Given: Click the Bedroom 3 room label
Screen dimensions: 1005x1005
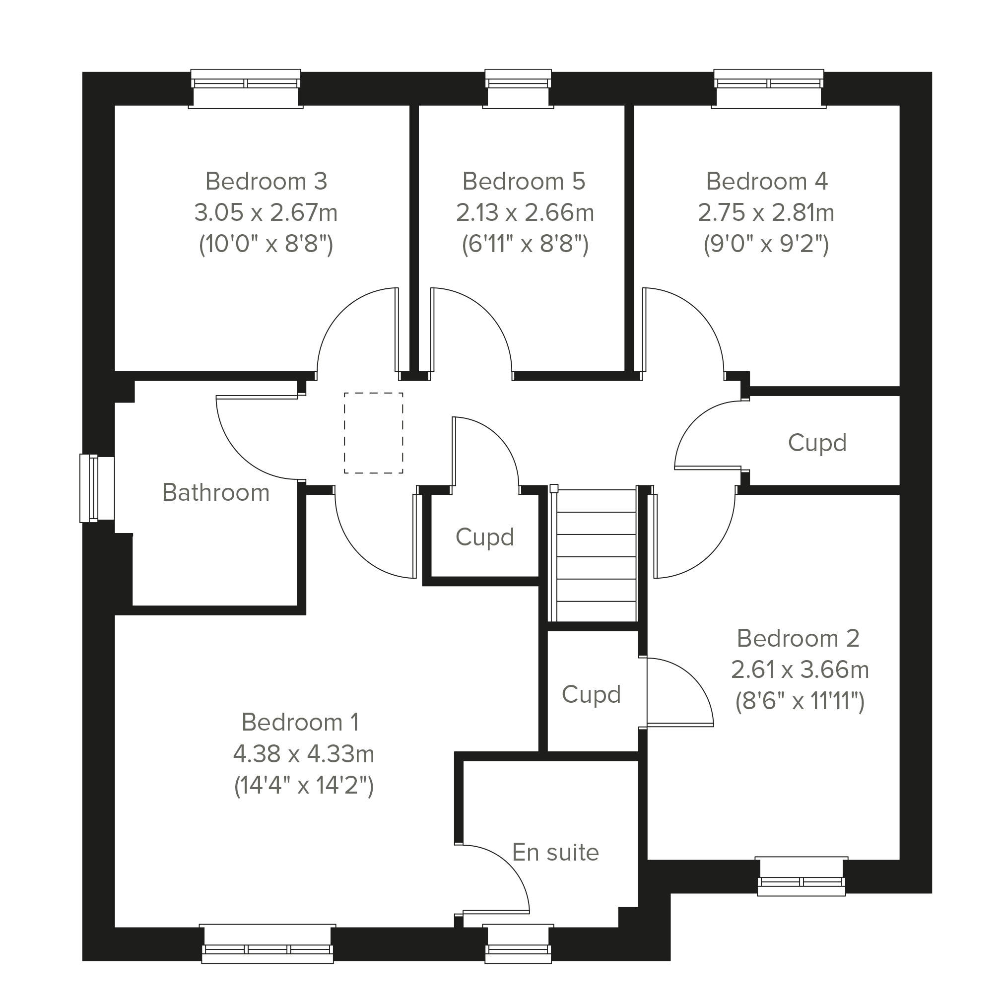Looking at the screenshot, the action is (267, 181).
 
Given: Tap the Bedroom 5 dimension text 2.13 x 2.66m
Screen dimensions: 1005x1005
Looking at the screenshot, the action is (525, 212).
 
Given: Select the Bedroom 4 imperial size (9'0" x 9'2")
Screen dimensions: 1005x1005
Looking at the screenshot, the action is (766, 244).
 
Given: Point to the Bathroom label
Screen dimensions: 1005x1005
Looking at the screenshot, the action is (216, 492).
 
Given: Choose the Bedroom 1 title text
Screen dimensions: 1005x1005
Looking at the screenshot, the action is (300, 722).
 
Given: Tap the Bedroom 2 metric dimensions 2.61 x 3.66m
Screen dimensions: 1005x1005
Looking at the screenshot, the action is (800, 670).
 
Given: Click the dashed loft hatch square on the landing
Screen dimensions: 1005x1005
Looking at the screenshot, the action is (374, 433).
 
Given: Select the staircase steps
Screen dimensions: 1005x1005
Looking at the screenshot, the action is (596, 555).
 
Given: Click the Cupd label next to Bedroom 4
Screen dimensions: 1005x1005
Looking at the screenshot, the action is (817, 443).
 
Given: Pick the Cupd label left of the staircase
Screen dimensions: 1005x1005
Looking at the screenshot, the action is (485, 537).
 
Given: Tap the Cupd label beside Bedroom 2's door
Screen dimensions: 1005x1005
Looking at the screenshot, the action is (592, 694).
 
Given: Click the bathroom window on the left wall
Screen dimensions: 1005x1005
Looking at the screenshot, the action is (97, 488).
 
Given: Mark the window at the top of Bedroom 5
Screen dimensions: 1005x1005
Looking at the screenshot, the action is (518, 88).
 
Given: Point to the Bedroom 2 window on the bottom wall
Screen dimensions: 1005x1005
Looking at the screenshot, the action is (802, 876).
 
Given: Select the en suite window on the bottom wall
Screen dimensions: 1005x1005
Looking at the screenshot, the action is (518, 944).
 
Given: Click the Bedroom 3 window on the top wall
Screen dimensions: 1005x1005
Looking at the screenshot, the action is (246, 88).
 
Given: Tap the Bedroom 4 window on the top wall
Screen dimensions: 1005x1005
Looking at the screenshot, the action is (769, 88).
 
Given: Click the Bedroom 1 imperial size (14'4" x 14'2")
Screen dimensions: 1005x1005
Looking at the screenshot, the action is (304, 785).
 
